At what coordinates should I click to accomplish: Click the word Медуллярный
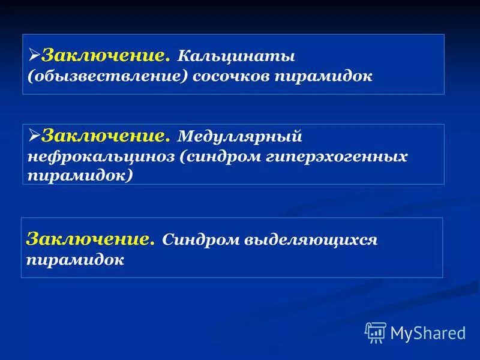(x=239, y=138)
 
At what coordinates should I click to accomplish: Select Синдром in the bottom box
(x=200, y=240)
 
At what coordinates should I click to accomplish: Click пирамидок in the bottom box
(x=75, y=260)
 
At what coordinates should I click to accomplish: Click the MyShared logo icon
(x=375, y=332)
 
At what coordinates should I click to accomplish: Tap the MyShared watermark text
(x=428, y=333)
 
